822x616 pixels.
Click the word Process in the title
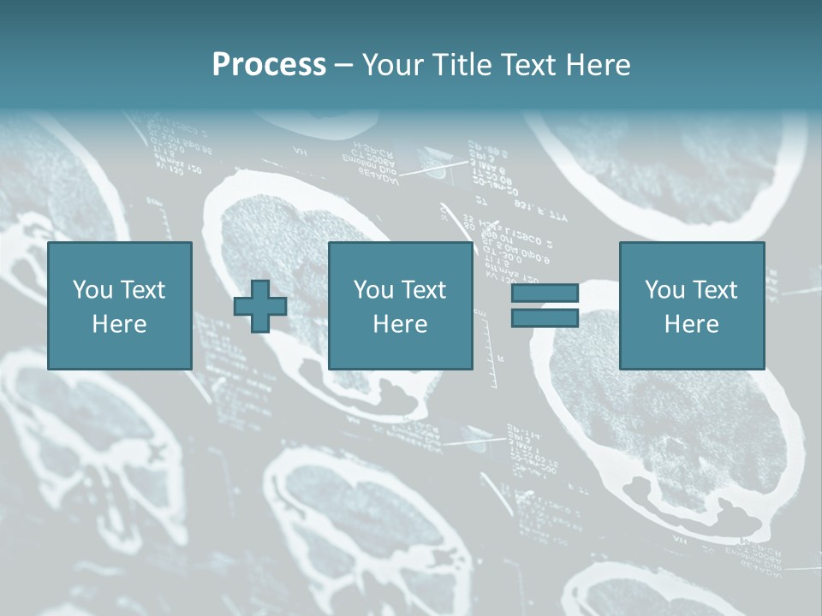pyautogui.click(x=269, y=64)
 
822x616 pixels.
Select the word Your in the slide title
pyautogui.click(x=391, y=65)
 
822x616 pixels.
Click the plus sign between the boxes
pyautogui.click(x=260, y=306)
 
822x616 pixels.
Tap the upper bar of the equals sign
pyautogui.click(x=545, y=293)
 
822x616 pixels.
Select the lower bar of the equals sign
pyautogui.click(x=545, y=317)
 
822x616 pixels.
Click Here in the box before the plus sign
pyautogui.click(x=119, y=324)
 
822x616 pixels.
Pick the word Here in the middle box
pyautogui.click(x=400, y=324)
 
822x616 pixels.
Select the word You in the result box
pyautogui.click(x=664, y=290)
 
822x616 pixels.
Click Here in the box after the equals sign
pyautogui.click(x=691, y=324)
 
